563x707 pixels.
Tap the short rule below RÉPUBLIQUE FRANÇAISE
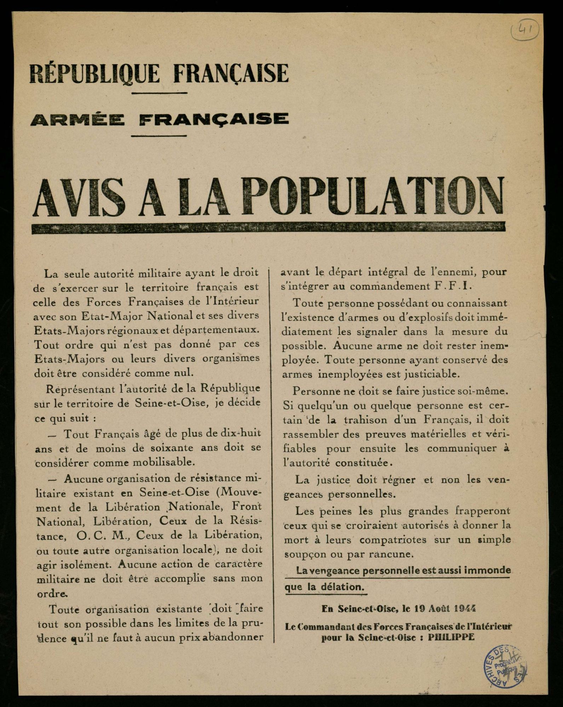[159, 93]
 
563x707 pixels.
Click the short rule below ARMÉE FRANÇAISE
[159, 136]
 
